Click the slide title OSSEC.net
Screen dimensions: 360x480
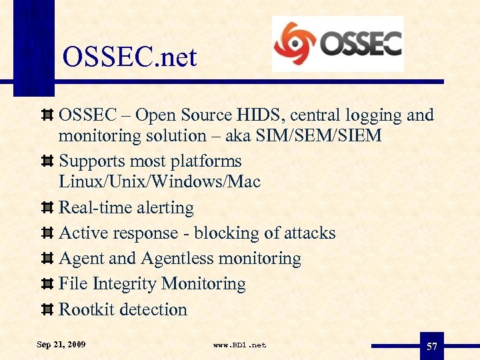click(x=129, y=57)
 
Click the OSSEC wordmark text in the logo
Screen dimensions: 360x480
click(x=361, y=43)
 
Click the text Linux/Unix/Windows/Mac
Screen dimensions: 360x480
click(x=159, y=181)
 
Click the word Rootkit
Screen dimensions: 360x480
click(x=85, y=309)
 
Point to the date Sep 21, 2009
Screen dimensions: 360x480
click(x=61, y=345)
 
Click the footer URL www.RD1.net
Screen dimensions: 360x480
click(x=239, y=345)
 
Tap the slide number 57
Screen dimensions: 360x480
click(x=431, y=346)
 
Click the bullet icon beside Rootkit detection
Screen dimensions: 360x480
click(x=47, y=310)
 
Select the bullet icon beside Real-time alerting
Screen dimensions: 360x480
click(x=47, y=209)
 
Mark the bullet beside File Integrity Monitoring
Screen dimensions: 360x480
click(x=47, y=285)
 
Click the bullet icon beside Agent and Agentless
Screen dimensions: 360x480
click(x=47, y=259)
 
